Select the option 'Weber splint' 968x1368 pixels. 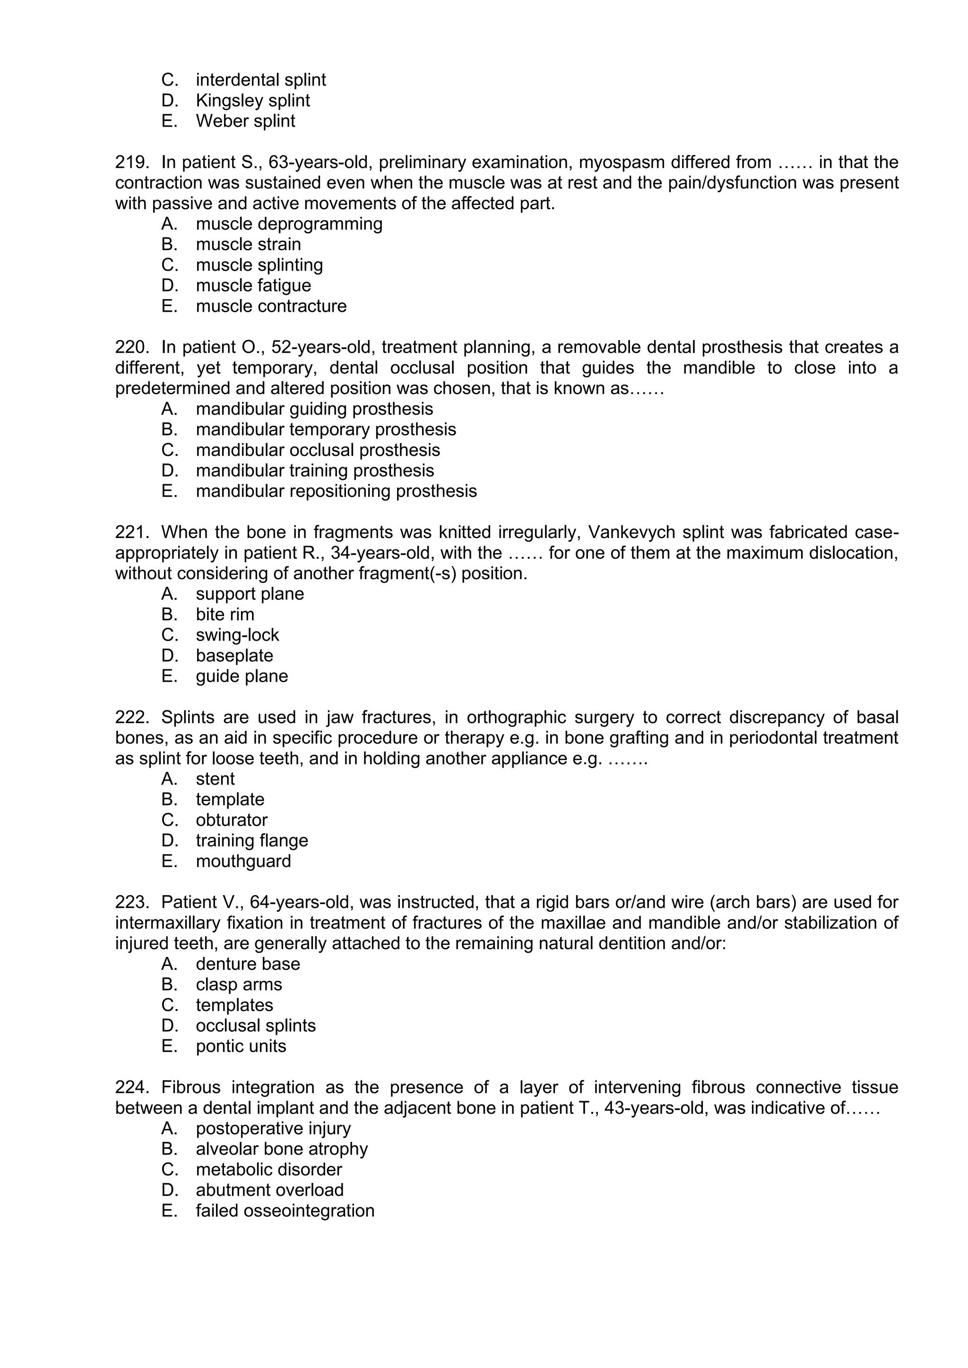pyautogui.click(x=245, y=121)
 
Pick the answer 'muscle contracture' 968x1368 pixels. pyautogui.click(x=271, y=306)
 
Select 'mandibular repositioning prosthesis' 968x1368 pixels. pyautogui.click(x=336, y=491)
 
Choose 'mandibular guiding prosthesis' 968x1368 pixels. pyautogui.click(x=314, y=409)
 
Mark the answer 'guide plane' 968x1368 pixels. pyautogui.click(x=242, y=676)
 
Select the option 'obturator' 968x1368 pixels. pyautogui.click(x=231, y=820)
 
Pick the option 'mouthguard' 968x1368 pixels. pyautogui.click(x=243, y=861)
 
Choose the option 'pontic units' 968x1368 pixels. pyautogui.click(x=241, y=1046)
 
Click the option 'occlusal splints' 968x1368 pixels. pyautogui.click(x=255, y=1026)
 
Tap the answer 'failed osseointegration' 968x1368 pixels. pyautogui.click(x=285, y=1211)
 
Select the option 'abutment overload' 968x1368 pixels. pyautogui.click(x=269, y=1190)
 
